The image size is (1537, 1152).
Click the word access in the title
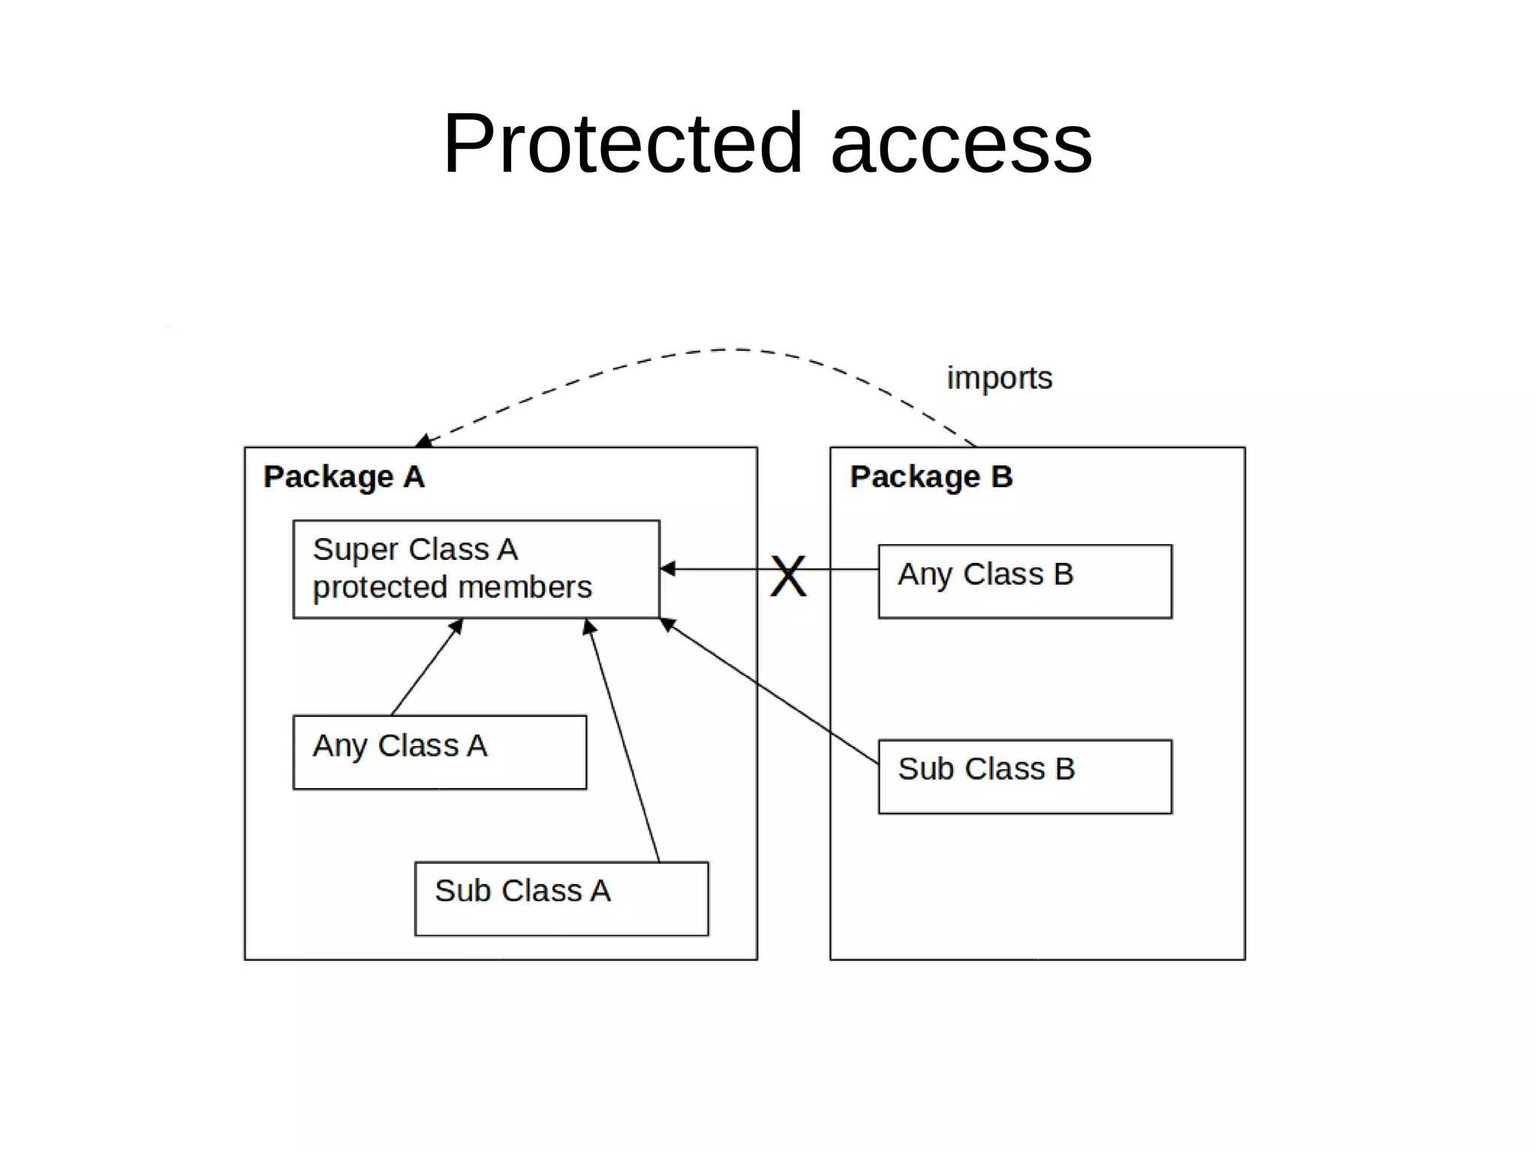(961, 144)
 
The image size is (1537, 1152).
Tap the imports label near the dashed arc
(999, 378)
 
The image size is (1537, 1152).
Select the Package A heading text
(344, 477)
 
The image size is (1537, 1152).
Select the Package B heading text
(931, 477)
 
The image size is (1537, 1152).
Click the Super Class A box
(476, 569)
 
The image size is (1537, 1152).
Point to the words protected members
(452, 588)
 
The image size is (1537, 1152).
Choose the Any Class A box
(439, 752)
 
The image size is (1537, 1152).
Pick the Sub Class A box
(561, 898)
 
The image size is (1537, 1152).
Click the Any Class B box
(1024, 581)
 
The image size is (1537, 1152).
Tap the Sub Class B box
(1024, 776)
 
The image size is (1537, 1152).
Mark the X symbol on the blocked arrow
(788, 576)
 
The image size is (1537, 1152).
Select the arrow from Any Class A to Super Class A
(426, 668)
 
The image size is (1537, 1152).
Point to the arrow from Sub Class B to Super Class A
(773, 692)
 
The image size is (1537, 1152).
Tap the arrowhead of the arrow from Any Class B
(667, 569)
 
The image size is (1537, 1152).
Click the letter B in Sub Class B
(1064, 769)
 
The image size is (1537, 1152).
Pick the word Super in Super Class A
(350, 550)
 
